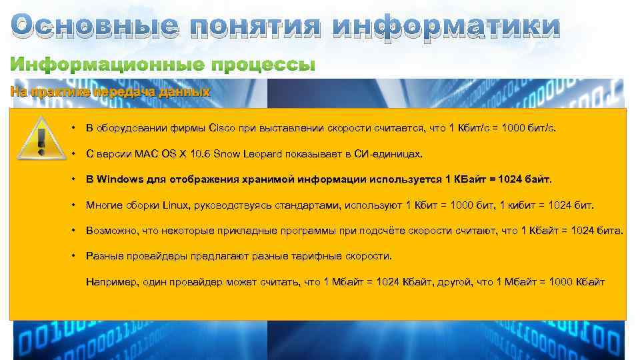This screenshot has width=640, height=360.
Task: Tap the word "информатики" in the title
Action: [x=446, y=27]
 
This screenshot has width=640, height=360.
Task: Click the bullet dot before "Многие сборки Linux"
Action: [x=71, y=205]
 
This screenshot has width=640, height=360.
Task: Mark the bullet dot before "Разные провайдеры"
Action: [x=71, y=256]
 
